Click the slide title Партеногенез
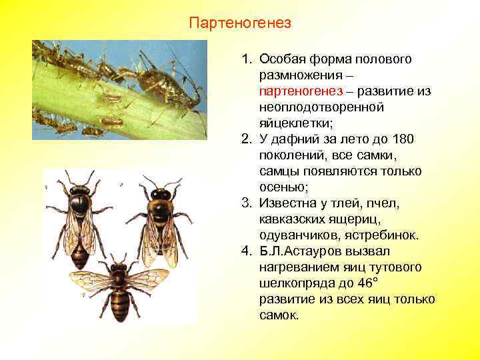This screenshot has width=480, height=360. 240,24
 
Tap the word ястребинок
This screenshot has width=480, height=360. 387,235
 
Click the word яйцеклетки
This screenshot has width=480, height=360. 291,123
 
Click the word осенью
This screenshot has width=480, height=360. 281,187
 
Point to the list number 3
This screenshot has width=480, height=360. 246,203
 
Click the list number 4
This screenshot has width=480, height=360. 246,251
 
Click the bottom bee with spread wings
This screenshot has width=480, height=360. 120,287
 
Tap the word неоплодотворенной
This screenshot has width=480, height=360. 311,107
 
